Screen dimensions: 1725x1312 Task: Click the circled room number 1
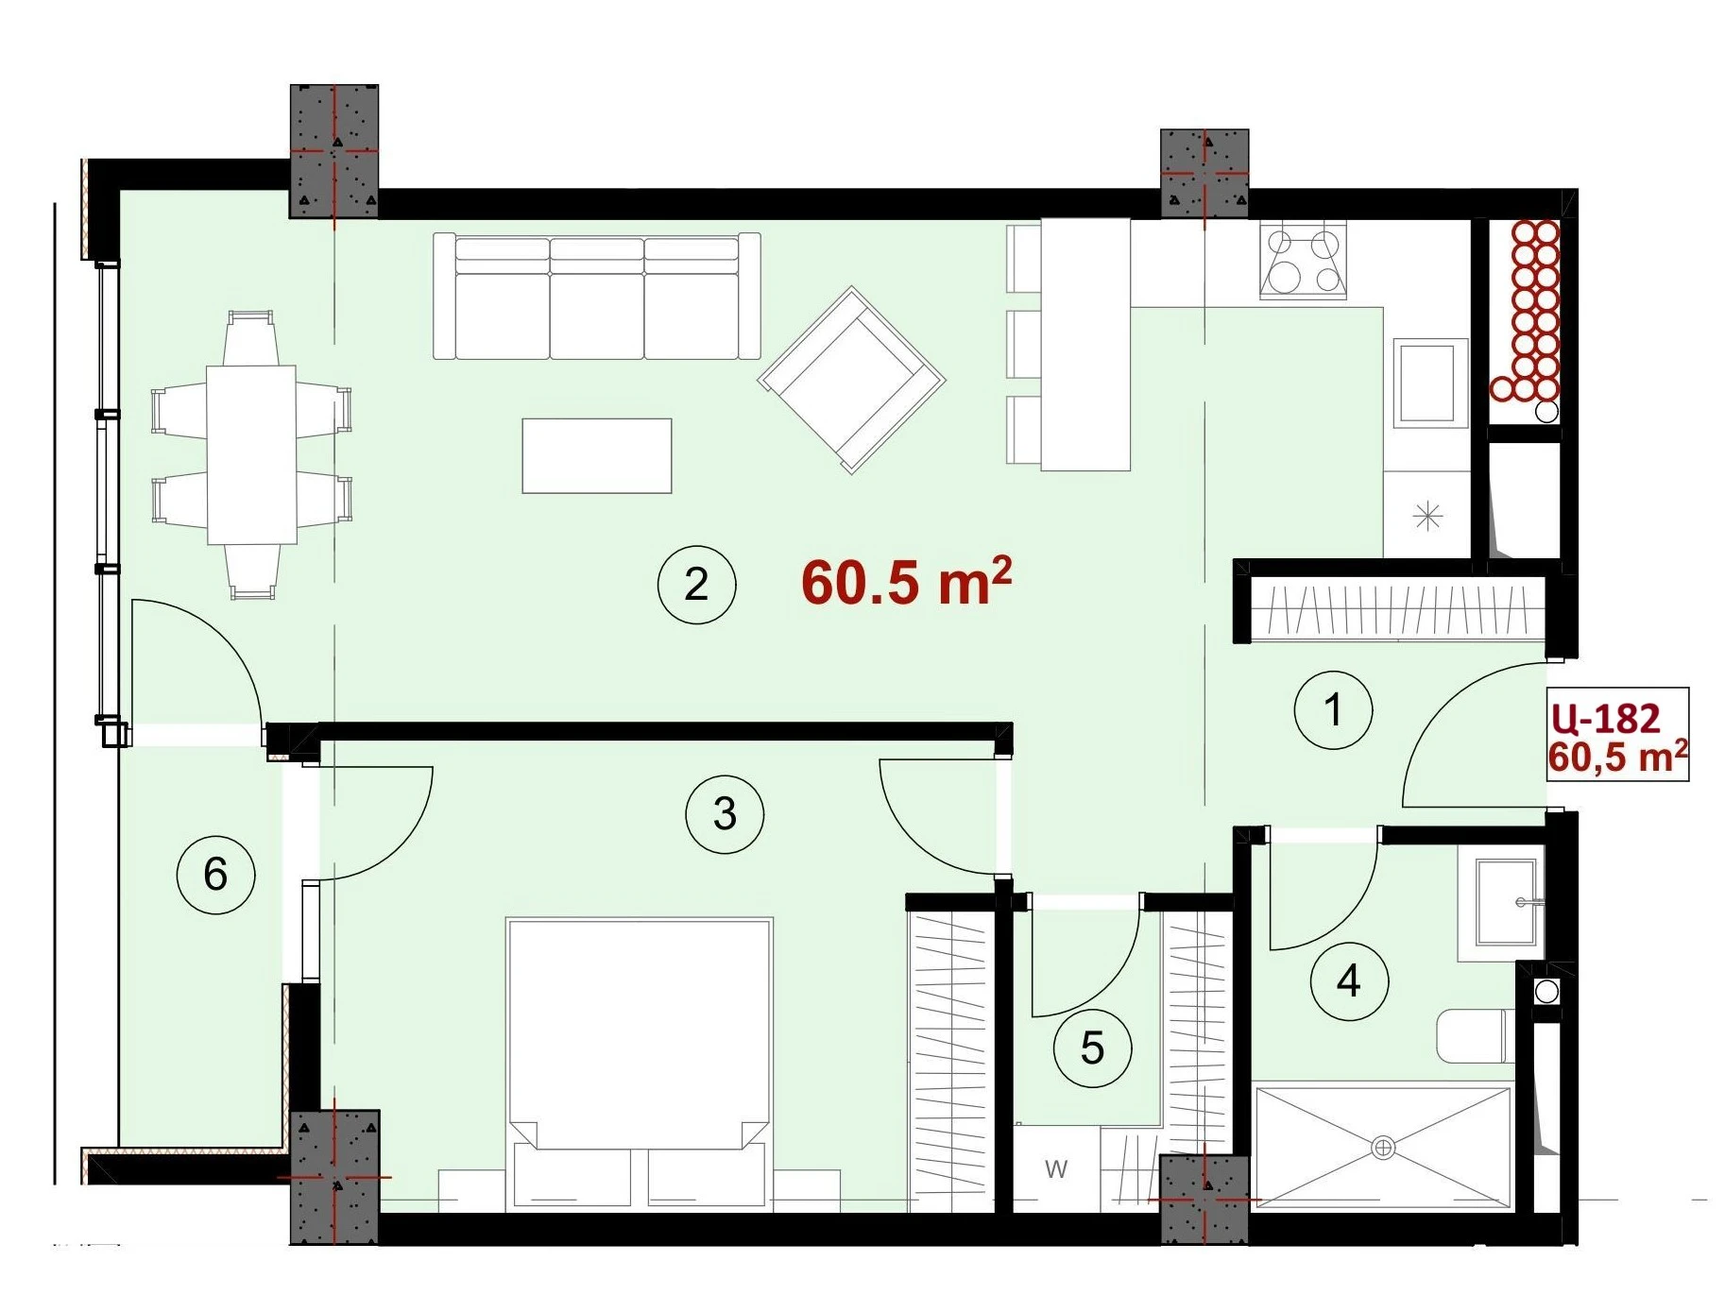coord(1333,710)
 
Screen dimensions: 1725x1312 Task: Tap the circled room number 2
coord(696,585)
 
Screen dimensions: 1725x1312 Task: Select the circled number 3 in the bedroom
coord(725,814)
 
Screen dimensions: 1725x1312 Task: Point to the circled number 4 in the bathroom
coord(1349,981)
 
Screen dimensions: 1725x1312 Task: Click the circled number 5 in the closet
coord(1092,1048)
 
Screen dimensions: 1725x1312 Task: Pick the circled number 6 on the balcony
coord(215,875)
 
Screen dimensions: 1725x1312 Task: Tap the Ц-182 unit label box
coord(1617,735)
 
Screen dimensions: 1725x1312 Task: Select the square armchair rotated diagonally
coord(851,380)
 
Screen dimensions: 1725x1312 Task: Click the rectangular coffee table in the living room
coord(597,456)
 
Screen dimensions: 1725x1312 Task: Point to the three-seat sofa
coord(597,297)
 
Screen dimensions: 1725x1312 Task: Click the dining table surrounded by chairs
coord(251,454)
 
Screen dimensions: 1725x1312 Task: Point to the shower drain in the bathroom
coord(1383,1149)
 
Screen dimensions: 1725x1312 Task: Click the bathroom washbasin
coord(1505,902)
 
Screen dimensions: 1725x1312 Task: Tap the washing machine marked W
coord(1056,1168)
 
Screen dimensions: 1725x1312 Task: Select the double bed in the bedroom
coord(640,1064)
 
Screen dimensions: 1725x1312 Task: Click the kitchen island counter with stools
coord(1085,344)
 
